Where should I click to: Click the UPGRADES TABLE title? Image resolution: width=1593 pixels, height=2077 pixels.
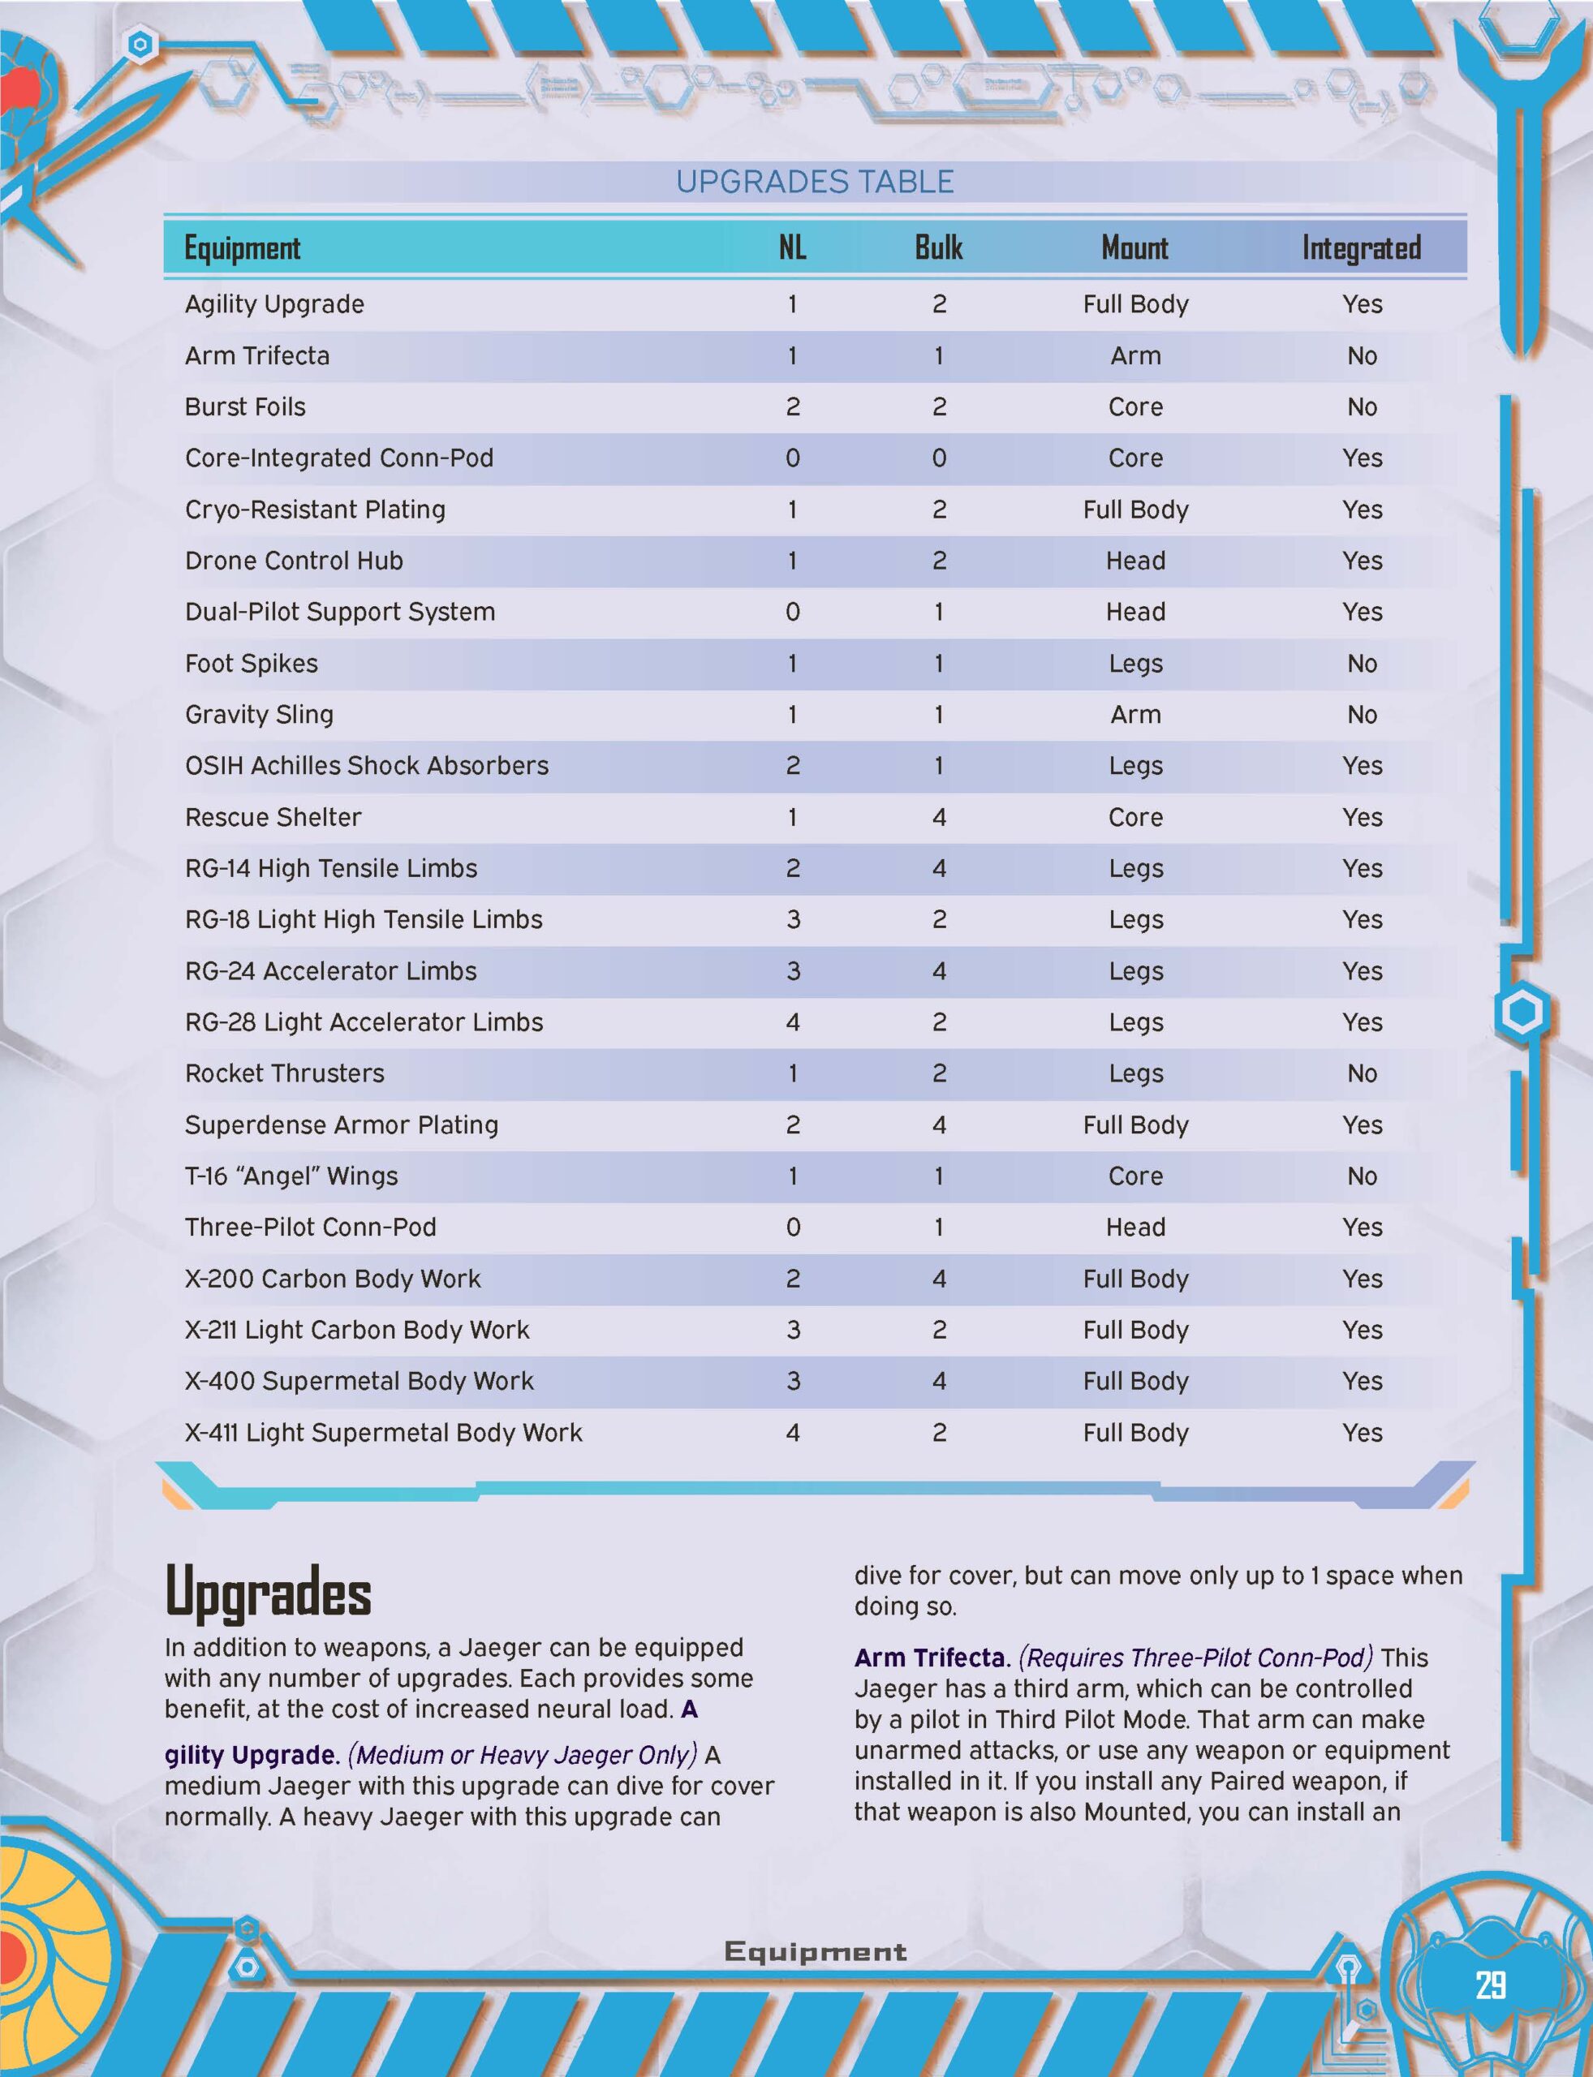click(x=815, y=182)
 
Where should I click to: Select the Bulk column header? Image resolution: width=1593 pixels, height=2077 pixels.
click(x=938, y=248)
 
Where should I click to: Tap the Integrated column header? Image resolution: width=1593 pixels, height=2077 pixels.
click(x=1361, y=248)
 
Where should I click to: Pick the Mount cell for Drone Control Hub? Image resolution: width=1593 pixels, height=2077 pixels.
click(x=1135, y=561)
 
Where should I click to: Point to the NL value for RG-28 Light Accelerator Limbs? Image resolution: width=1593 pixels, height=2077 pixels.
click(x=793, y=1022)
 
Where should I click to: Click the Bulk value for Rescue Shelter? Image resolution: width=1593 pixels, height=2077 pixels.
click(x=939, y=817)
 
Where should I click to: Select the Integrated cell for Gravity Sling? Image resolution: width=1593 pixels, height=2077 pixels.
click(x=1362, y=715)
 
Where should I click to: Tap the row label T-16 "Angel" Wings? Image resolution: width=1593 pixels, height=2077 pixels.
click(x=291, y=1176)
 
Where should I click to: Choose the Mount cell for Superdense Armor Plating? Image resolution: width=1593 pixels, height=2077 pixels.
click(x=1135, y=1125)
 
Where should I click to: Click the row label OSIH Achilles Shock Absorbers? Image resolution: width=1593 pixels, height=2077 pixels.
click(x=366, y=766)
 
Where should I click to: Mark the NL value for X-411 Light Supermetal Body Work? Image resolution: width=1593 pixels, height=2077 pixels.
click(x=793, y=1432)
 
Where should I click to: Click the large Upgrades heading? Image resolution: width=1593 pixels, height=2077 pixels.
click(x=268, y=1593)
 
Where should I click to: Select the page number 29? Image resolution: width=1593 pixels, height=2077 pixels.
click(x=1491, y=1984)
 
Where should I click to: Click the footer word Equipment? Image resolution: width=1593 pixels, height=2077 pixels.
click(x=815, y=1951)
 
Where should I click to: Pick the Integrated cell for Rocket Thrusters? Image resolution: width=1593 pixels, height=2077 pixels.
click(x=1362, y=1073)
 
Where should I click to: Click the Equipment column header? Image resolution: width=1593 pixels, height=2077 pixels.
click(x=242, y=248)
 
